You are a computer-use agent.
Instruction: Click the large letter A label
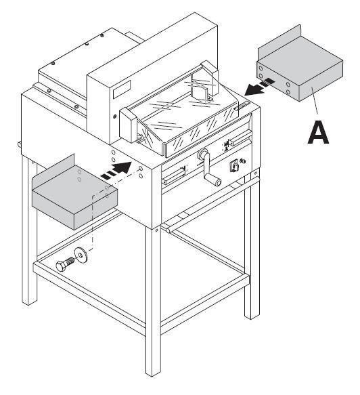[318, 132]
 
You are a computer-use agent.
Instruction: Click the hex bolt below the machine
[64, 263]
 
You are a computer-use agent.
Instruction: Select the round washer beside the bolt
[80, 255]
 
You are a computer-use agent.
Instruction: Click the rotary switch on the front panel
[234, 166]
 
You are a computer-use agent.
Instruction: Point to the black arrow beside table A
[258, 87]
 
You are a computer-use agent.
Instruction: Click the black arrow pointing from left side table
[116, 170]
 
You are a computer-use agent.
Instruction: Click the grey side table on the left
[74, 194]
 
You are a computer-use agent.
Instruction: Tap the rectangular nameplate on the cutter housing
[122, 89]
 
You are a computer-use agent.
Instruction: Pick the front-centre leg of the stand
[153, 302]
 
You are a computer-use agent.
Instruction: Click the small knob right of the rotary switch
[243, 161]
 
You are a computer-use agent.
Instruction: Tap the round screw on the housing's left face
[115, 117]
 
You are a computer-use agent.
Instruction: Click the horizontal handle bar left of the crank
[175, 173]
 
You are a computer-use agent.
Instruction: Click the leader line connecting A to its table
[315, 100]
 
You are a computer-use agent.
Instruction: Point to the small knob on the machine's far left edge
[20, 144]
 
